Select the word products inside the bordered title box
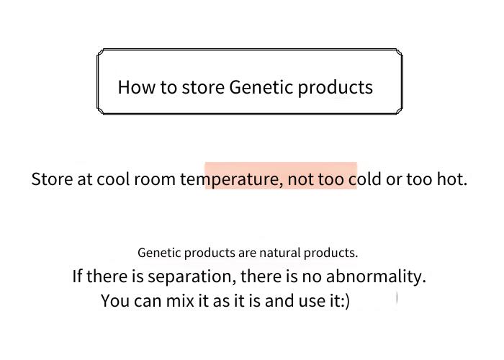coord(336,88)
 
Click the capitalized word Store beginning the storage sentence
coord(52,179)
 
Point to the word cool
coord(112,179)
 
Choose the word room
coord(154,180)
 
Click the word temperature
coord(230,180)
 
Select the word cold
coord(365,179)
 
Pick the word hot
coord(451,179)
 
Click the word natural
coord(279,253)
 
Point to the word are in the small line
coord(247,254)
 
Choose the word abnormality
coord(376,276)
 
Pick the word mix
coord(180,301)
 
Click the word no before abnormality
coord(312,277)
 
